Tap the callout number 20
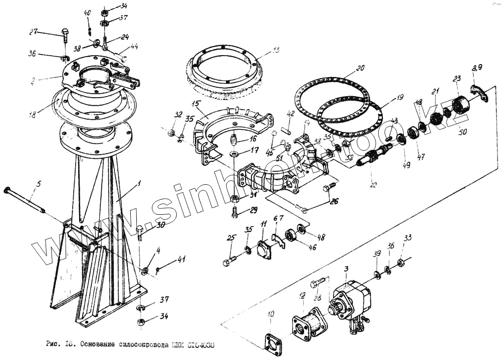click(x=360, y=68)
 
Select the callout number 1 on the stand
click(x=140, y=184)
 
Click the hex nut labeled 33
click(x=400, y=263)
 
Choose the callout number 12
click(x=302, y=297)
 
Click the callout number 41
click(x=181, y=259)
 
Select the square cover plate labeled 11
click(x=264, y=250)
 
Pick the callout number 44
click(x=134, y=47)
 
